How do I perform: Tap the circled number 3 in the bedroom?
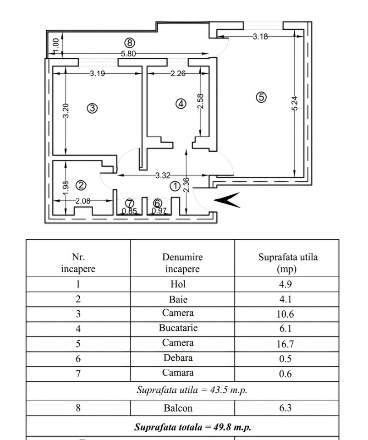93,109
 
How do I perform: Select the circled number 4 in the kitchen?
181,104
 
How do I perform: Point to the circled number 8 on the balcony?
130,43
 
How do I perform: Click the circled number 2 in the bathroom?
81,185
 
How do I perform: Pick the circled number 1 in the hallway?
175,186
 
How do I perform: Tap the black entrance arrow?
228,200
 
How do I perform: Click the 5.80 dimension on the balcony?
128,54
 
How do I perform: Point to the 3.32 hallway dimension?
163,175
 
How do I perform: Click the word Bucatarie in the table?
182,328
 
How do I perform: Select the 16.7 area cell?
286,343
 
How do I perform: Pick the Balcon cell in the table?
182,407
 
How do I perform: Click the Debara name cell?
182,358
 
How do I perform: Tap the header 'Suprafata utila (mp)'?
287,263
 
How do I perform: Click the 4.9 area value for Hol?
286,284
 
